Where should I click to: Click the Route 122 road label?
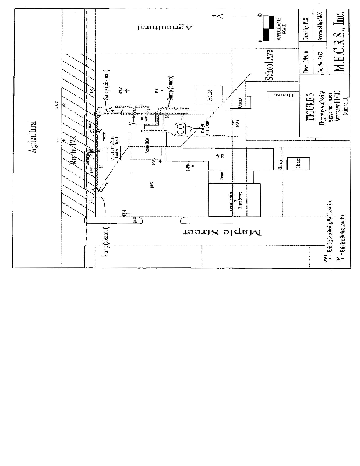pyautogui.click(x=74, y=152)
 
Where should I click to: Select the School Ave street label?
pyautogui.click(x=270, y=65)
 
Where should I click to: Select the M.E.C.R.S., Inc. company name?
pyautogui.click(x=340, y=42)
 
